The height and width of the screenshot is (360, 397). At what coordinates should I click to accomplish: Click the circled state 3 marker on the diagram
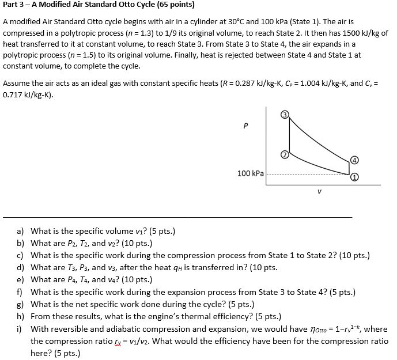[x=284, y=115]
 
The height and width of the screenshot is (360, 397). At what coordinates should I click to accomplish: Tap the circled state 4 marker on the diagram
[x=354, y=160]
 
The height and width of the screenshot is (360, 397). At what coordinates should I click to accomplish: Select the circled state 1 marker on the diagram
[x=354, y=177]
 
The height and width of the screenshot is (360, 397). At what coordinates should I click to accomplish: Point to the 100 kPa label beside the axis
[x=251, y=173]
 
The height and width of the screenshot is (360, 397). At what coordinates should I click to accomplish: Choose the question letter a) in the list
[x=20, y=231]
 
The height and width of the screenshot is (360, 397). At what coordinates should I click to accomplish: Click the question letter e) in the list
[x=20, y=279]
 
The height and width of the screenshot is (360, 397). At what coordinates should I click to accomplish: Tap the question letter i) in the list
[x=20, y=328]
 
